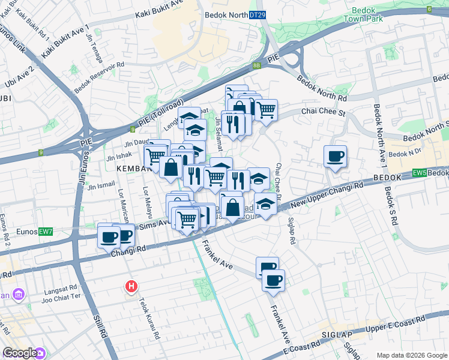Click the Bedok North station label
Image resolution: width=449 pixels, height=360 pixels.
[226, 14]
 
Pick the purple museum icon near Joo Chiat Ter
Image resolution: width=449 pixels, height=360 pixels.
[19, 295]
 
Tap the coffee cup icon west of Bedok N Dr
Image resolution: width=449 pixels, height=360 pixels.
[335, 157]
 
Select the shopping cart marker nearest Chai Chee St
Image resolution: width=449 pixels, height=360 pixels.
[266, 110]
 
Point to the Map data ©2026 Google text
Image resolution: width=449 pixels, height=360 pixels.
[411, 355]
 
